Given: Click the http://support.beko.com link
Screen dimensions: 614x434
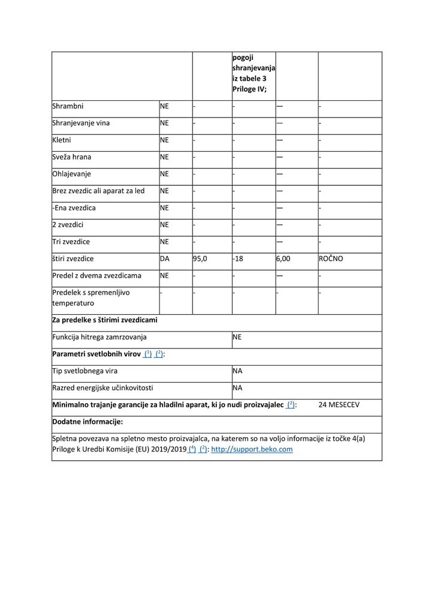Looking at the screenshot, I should click(x=252, y=449).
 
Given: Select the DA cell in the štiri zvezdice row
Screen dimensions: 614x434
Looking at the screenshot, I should click(x=165, y=258).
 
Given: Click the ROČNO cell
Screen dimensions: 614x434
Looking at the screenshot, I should click(x=332, y=258).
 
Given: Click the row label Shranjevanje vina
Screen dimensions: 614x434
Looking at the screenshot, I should click(x=81, y=123).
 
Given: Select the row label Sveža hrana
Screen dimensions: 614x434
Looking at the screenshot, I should click(x=72, y=157).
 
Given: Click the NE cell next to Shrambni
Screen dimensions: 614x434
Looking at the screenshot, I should click(x=165, y=106).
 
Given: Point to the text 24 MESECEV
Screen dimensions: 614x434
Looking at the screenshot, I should click(x=339, y=405).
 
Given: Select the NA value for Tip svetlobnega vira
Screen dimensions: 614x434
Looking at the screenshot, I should click(x=237, y=371).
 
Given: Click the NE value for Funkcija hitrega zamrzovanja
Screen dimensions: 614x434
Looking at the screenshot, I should click(x=237, y=338).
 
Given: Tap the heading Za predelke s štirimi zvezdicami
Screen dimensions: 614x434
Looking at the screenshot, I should click(x=105, y=320).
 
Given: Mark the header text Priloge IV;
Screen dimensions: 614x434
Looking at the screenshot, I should click(x=249, y=89).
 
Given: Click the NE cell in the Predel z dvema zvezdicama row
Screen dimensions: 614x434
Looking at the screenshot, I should click(x=165, y=276).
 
